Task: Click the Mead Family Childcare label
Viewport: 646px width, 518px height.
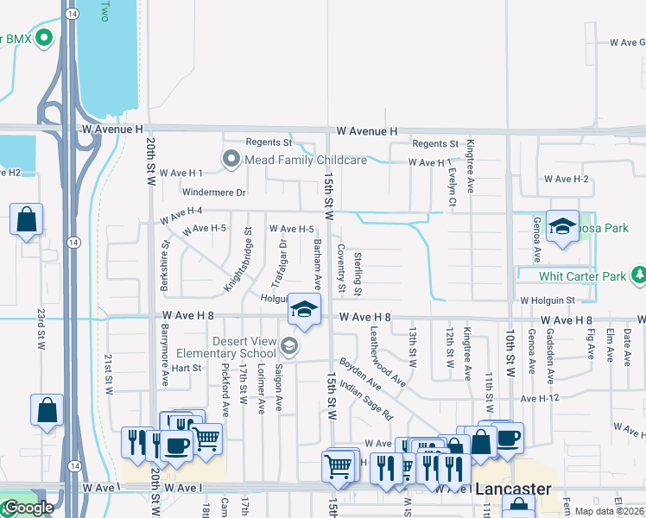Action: tap(307, 160)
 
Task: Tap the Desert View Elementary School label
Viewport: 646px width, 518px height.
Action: tap(227, 347)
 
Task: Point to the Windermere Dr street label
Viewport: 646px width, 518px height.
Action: tap(214, 192)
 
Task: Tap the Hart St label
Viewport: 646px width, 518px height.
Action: tap(186, 368)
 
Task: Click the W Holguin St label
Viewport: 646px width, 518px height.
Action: tap(548, 300)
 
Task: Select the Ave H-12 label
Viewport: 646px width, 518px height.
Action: tap(541, 398)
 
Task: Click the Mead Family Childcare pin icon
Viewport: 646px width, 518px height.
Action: tap(231, 160)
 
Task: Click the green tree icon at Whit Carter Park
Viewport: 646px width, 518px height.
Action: tap(639, 275)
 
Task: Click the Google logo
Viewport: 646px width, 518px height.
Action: tap(28, 508)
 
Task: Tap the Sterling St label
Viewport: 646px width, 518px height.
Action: tap(357, 272)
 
